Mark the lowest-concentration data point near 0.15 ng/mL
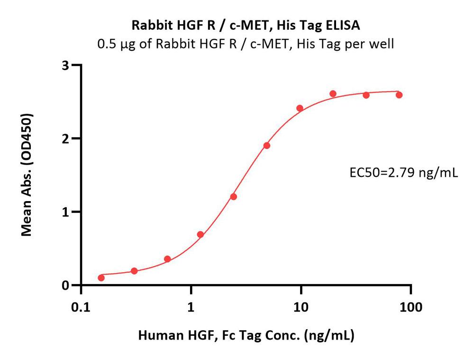tap(101, 277)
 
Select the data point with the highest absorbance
tap(333, 93)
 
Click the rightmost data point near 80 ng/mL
tap(399, 95)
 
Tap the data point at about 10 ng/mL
tap(300, 108)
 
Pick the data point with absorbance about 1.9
tap(267, 145)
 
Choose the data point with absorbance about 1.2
tap(233, 196)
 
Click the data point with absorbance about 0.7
tap(201, 234)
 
